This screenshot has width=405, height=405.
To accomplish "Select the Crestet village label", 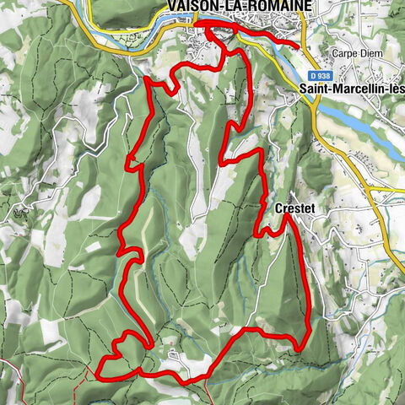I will tap(294, 207).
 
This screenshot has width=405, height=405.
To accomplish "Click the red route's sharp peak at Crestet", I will tap(286, 216).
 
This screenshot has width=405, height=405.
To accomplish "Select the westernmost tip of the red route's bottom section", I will tap(100, 371).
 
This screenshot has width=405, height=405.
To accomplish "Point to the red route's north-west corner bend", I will tap(148, 79).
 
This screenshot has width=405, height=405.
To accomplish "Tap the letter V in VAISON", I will tap(173, 7).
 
